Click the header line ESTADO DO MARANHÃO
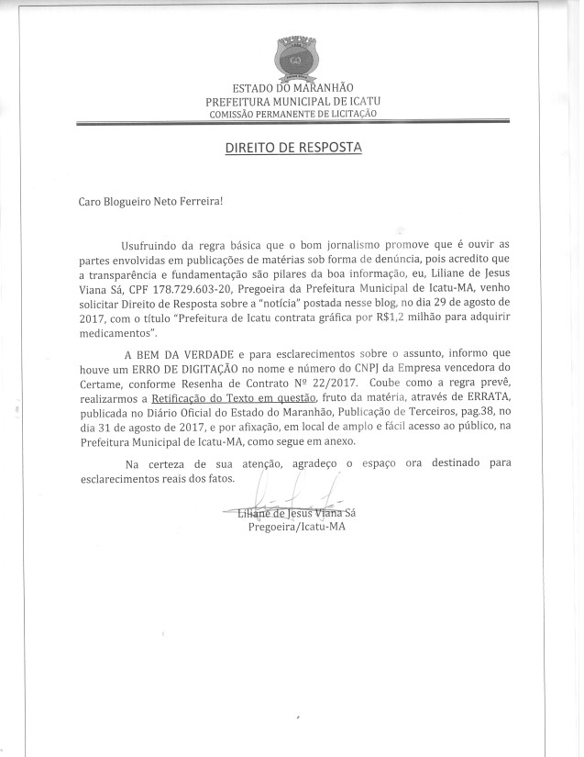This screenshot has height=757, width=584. [292, 87]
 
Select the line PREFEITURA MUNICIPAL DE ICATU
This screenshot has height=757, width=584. [292, 100]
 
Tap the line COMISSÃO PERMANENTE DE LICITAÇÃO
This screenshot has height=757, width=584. [292, 113]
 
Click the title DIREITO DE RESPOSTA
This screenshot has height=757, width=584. [293, 147]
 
